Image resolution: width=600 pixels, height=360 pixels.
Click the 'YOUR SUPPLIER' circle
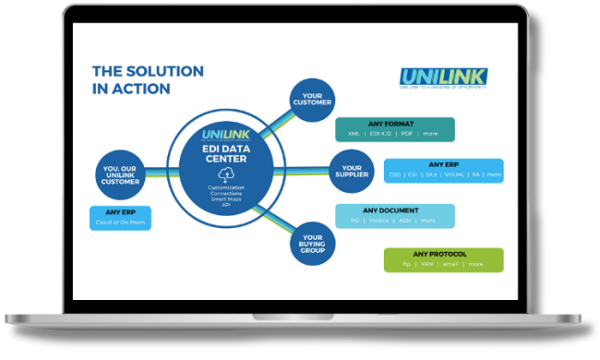coord(351,171)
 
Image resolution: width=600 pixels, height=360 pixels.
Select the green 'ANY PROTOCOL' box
coord(443,258)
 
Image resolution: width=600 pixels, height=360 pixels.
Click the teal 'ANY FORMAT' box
coord(394,128)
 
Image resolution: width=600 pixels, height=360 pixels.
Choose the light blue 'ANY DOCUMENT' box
coord(394,215)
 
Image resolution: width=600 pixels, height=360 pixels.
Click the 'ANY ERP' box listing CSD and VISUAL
coord(443,171)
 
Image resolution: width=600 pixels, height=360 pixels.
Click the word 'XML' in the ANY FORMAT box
coord(354,134)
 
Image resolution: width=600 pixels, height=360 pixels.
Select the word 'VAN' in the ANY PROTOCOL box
coord(427,265)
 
